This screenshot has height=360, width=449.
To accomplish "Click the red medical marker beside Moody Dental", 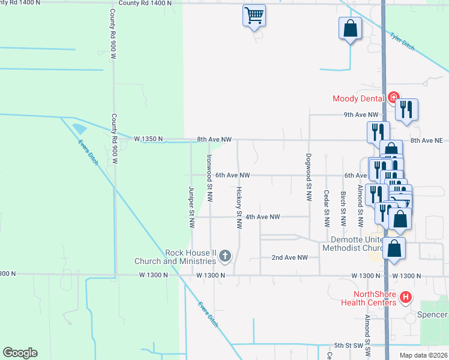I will (394, 97).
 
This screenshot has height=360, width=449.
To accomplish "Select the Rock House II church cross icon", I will (225, 256).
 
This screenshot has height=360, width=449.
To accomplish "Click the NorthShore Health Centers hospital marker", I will (406, 297).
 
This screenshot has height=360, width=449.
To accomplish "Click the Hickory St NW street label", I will (239, 208).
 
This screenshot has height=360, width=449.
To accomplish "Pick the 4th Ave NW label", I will (263, 217).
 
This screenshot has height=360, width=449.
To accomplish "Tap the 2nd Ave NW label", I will (289, 257).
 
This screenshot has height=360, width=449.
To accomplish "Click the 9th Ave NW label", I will (361, 115).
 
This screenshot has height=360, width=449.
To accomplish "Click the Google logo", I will (20, 353).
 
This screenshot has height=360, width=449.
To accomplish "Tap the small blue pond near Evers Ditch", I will (79, 128).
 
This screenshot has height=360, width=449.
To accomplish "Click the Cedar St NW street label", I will (326, 207).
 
